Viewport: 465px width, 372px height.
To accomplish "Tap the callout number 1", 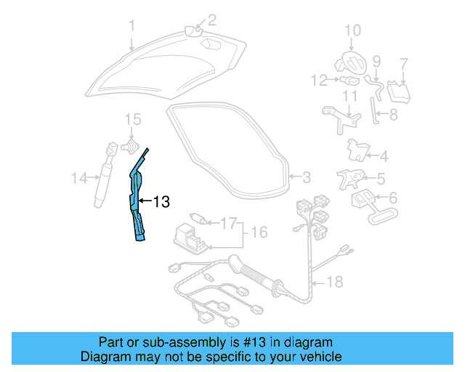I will (132, 28).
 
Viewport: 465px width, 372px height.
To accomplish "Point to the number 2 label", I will (212, 20).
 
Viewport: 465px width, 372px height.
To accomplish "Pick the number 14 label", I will (79, 177).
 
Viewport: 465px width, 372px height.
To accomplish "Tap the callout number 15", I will (132, 118).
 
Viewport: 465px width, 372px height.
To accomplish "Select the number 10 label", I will (352, 30).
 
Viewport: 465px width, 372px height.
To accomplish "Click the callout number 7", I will (404, 64).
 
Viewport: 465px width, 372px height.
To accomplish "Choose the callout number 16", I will (259, 232).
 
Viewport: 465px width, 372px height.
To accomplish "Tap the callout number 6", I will (393, 198).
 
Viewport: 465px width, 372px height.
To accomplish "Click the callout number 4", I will (384, 155).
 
